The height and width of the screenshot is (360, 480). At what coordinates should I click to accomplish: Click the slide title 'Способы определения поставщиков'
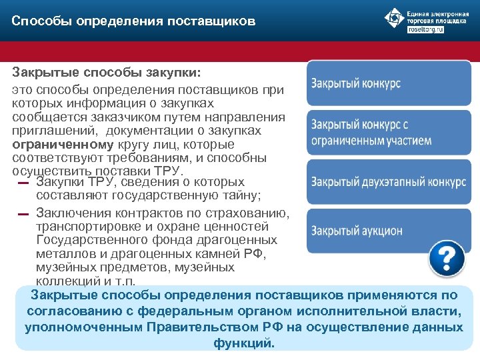133,22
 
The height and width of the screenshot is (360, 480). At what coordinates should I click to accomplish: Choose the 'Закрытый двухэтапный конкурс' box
388,182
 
